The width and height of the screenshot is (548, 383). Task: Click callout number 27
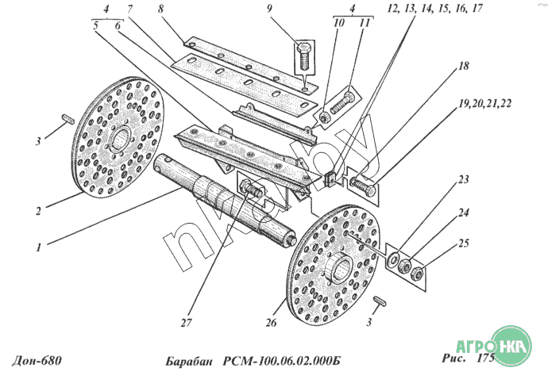[187, 323]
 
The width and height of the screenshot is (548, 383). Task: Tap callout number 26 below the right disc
[271, 323]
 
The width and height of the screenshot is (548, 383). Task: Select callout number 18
[463, 66]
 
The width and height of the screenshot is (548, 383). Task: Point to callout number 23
[464, 180]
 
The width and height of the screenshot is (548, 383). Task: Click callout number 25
[464, 243]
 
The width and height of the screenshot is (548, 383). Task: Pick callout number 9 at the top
[269, 9]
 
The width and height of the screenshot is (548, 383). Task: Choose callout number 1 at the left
[38, 247]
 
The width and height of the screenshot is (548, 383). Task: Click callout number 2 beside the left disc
[38, 211]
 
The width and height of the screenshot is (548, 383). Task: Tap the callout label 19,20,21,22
[485, 104]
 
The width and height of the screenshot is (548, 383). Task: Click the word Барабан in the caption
[189, 362]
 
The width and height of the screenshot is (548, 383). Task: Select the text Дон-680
[37, 360]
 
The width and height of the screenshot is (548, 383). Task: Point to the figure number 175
[486, 358]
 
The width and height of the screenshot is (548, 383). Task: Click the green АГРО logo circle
[511, 346]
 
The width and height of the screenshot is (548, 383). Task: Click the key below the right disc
[380, 301]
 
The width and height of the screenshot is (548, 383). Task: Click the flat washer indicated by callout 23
[393, 259]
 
